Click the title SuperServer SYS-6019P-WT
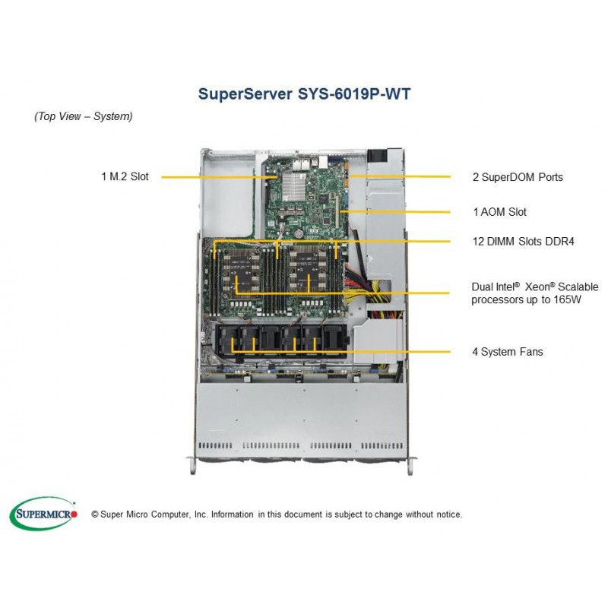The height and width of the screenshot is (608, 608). point(304,94)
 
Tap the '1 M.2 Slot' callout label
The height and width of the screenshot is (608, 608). point(125,176)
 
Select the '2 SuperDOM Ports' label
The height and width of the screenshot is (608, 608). point(518,177)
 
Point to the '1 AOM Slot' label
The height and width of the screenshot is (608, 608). point(499,212)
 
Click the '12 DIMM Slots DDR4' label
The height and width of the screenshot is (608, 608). point(523,241)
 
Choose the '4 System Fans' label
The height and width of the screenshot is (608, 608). point(507,352)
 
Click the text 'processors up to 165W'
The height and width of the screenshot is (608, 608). point(526,299)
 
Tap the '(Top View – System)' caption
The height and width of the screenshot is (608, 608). point(84,116)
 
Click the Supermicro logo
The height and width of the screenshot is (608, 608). point(43,514)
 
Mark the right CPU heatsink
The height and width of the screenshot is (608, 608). point(307,275)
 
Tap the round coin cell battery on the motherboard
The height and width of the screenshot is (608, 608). point(298,234)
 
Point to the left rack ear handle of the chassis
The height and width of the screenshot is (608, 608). point(192,465)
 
